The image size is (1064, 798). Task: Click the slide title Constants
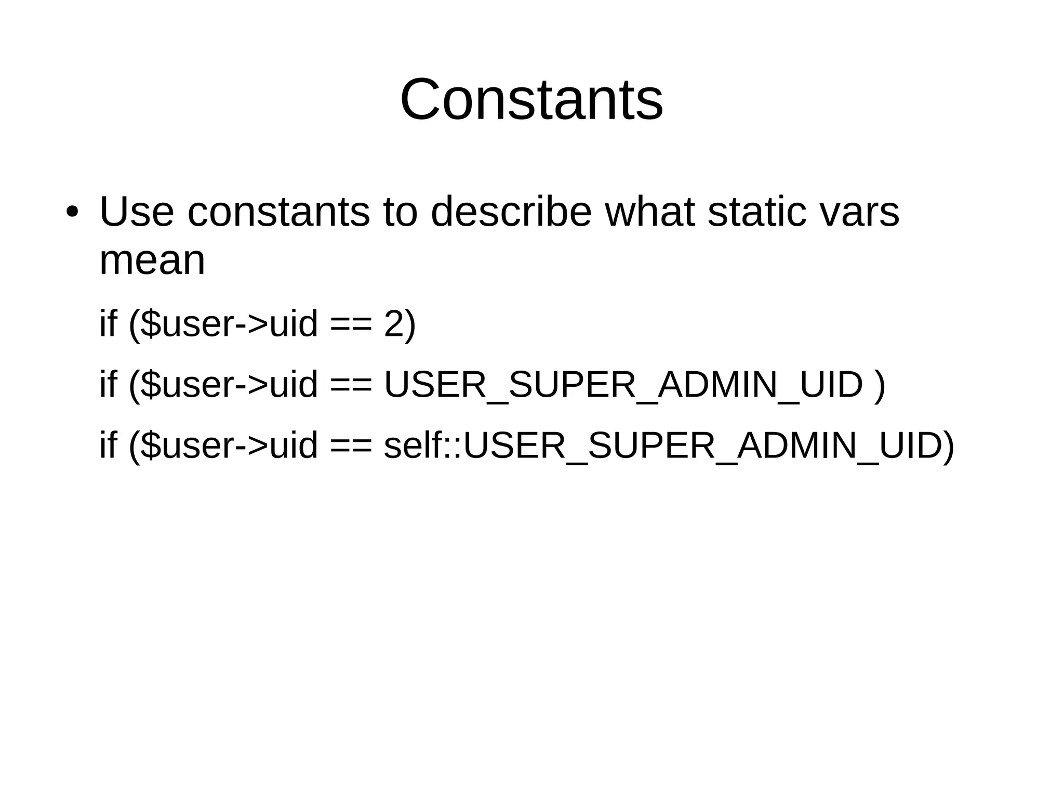(531, 99)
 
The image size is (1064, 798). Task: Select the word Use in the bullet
(136, 212)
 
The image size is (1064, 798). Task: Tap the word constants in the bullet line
(278, 212)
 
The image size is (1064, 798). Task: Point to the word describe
(511, 212)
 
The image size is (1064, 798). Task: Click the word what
(649, 212)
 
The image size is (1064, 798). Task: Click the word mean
(152, 260)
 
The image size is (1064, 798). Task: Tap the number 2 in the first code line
(394, 324)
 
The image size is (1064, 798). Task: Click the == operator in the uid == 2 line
(351, 324)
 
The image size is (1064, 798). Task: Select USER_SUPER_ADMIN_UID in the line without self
(623, 385)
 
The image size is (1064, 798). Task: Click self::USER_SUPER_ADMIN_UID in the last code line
(668, 446)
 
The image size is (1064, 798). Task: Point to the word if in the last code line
(108, 446)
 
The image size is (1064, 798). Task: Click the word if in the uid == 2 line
(108, 324)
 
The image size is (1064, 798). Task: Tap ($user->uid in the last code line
(223, 446)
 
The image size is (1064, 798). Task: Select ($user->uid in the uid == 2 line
(223, 324)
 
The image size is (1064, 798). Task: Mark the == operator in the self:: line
(351, 446)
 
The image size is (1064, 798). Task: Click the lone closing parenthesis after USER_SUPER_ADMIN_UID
(880, 385)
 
